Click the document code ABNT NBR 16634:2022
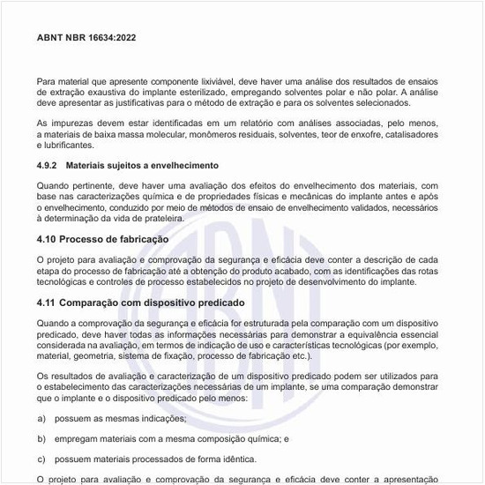pos(86,38)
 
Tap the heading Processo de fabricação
pos(124,239)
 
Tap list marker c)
pos(41,459)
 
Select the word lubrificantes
pos(64,144)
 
